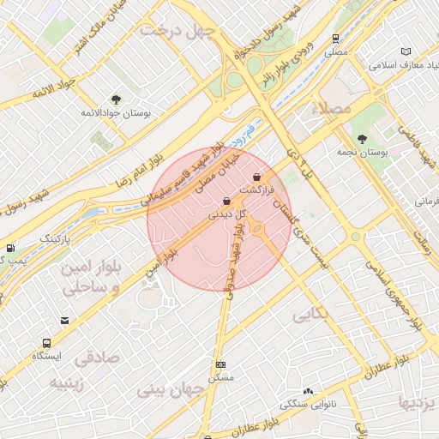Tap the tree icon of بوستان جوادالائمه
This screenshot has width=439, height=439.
(x=116, y=99)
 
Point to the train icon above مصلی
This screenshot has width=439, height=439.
(x=335, y=39)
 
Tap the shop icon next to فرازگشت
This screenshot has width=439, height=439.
(x=257, y=177)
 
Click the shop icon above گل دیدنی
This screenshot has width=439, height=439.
(x=226, y=201)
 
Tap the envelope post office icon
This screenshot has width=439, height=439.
(x=64, y=321)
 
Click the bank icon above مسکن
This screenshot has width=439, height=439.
(x=220, y=364)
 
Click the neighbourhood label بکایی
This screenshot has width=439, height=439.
(x=310, y=316)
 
